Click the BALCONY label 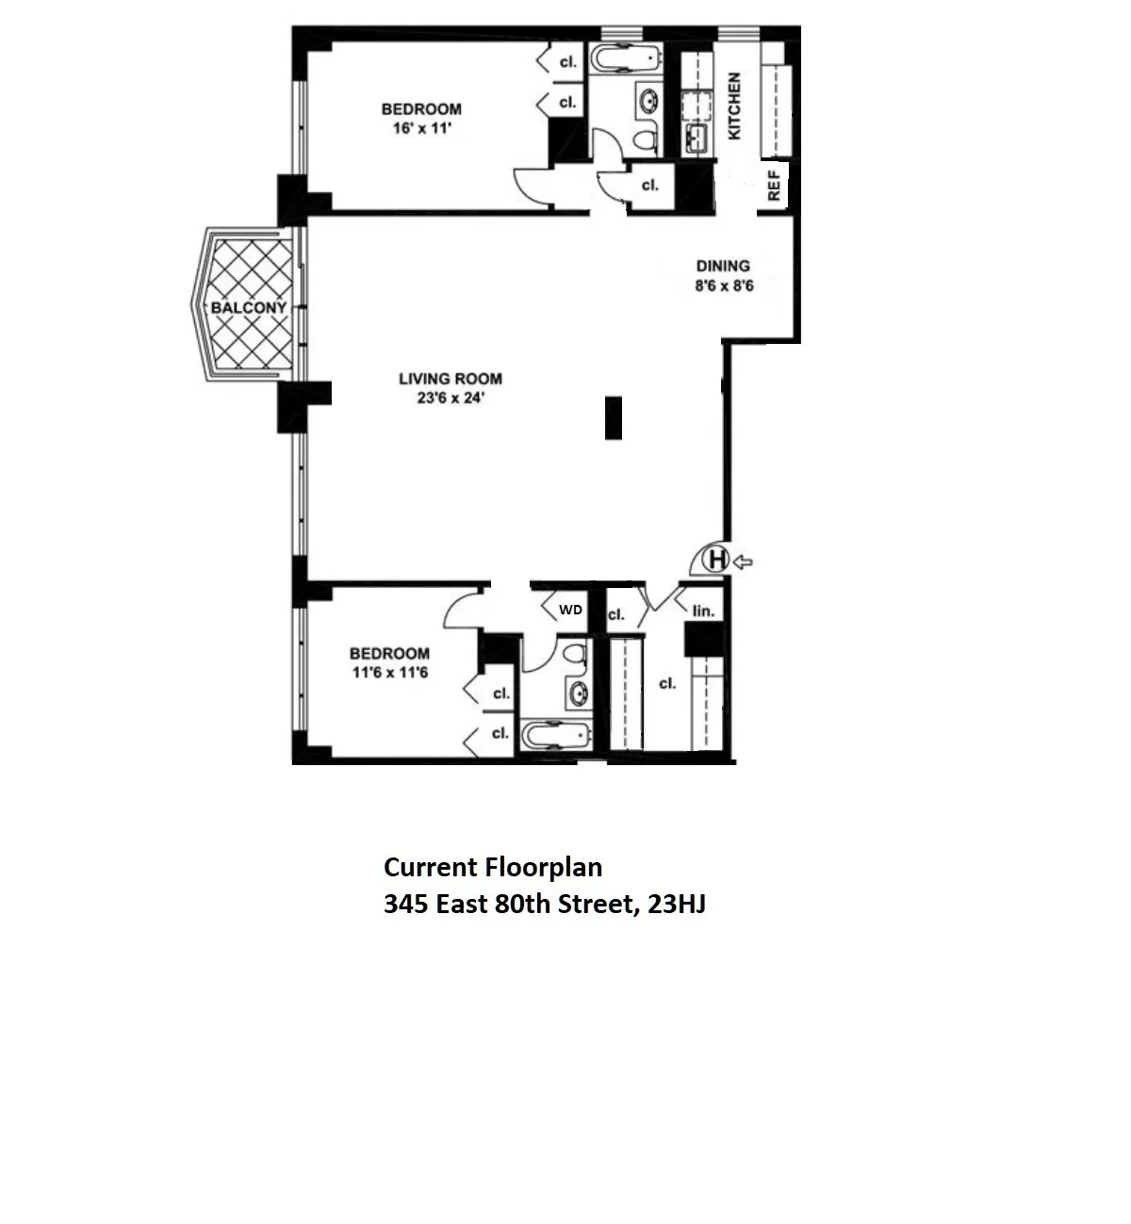coord(249,308)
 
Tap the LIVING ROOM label coord(450,379)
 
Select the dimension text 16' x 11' coord(420,128)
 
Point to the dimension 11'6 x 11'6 coord(389,674)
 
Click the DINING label coord(723,266)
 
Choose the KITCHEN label coord(734,106)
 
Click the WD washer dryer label coord(570,610)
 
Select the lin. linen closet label coord(703,611)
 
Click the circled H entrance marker coord(717,561)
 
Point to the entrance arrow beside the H coord(743,562)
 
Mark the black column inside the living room coord(614,418)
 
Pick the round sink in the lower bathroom coord(576,694)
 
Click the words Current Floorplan coord(492,867)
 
